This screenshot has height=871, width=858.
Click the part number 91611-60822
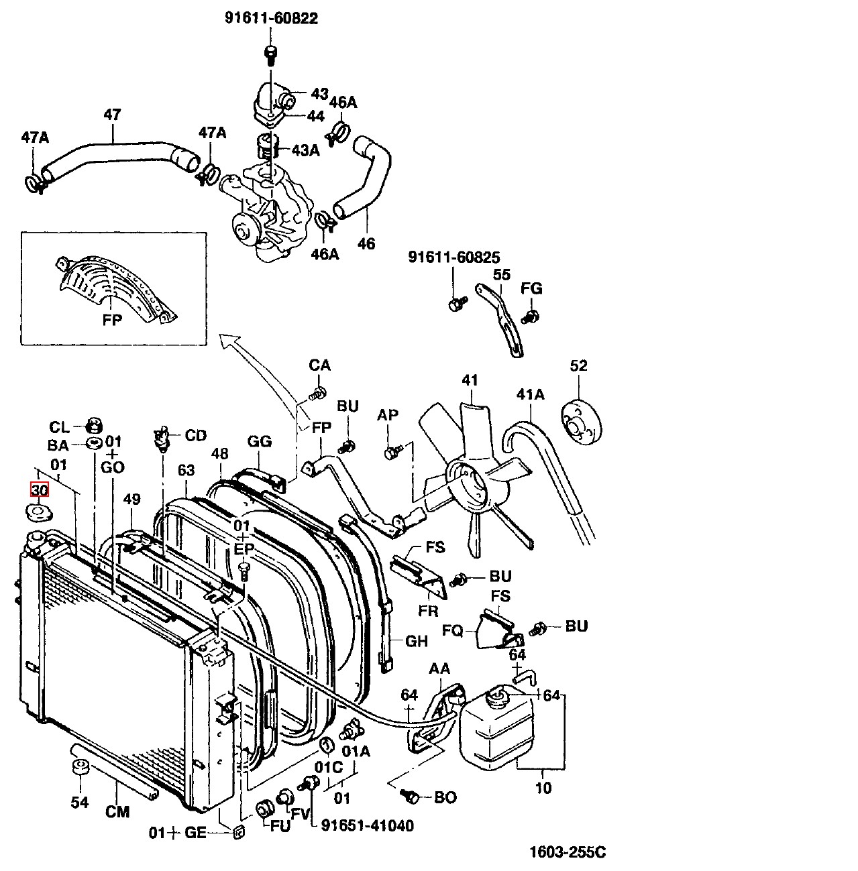pos(271,19)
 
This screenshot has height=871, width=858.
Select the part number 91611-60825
pos(454,257)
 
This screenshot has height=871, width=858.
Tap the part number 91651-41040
pos(368,825)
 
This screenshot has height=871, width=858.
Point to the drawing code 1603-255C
pos(568,852)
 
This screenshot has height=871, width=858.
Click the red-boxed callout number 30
pos(40,490)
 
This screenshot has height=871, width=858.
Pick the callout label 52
pos(578,366)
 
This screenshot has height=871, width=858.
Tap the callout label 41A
pos(530,394)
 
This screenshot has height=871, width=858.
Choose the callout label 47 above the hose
pos(112,115)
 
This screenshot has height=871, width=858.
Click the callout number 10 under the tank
pos(543,788)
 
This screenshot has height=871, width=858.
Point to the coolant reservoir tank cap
pos(498,698)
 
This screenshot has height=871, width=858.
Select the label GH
pos(417,641)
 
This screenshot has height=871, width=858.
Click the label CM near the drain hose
pos(117,812)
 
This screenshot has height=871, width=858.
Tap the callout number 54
pos(80,803)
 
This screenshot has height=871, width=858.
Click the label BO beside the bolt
pos(445,797)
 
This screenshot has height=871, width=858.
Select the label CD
pos(196,436)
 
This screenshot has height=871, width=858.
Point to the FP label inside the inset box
pos(112,320)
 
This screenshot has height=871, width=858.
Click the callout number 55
pos(502,275)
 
